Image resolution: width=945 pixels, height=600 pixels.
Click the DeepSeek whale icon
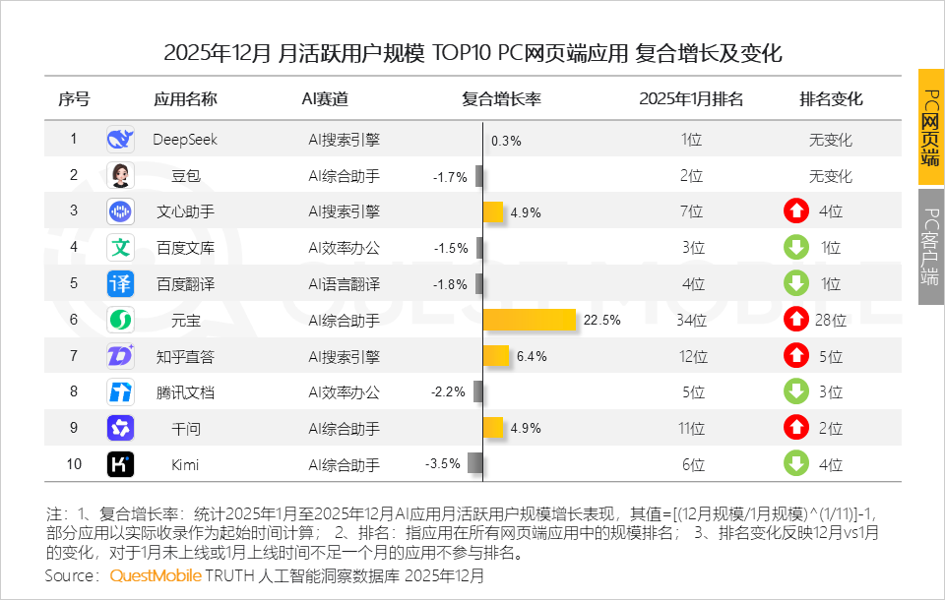120,140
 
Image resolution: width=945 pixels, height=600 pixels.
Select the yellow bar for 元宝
530,320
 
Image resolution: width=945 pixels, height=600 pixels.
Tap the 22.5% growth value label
601,320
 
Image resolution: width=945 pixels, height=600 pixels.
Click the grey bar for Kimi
474,463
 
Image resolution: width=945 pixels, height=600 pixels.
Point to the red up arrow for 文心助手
795,211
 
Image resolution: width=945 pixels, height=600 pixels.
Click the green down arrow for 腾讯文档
795,391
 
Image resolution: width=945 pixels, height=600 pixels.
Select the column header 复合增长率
502,98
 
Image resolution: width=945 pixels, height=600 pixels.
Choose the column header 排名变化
831,98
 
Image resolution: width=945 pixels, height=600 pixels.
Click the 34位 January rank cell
691,320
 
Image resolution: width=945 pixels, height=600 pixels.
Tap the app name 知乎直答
185,356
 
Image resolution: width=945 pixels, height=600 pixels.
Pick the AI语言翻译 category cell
344,284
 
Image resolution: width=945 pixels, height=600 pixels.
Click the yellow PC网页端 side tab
930,127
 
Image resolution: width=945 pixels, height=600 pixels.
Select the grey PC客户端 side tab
930,246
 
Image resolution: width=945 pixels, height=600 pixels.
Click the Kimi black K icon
120,463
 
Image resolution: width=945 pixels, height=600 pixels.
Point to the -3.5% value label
442,463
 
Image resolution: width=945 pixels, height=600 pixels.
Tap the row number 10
73,463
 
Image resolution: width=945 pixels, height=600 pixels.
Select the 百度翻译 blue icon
120,284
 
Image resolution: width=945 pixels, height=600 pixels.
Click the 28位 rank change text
831,320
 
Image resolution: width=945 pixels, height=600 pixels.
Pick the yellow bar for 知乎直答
496,356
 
